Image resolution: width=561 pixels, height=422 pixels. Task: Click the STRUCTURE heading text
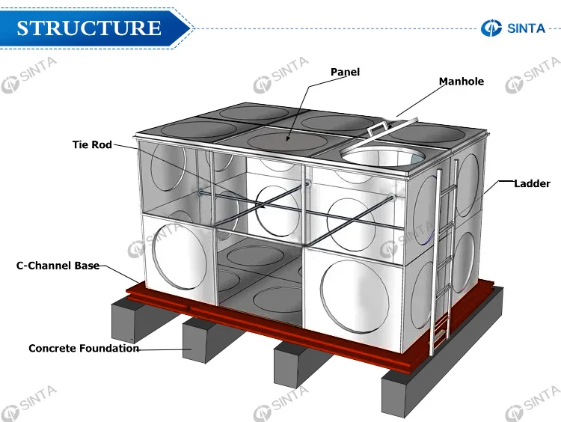(x=89, y=28)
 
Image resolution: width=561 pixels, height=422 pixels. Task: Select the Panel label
(x=345, y=72)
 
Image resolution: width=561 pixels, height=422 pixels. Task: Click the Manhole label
(x=461, y=81)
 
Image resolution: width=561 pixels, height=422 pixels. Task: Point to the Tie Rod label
(x=91, y=144)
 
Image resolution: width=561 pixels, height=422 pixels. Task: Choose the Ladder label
(x=532, y=183)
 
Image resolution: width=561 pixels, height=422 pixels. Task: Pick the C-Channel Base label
(x=58, y=265)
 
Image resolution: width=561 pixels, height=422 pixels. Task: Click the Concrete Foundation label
(x=83, y=348)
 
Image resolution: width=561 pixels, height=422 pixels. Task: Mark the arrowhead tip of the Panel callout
(x=289, y=140)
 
